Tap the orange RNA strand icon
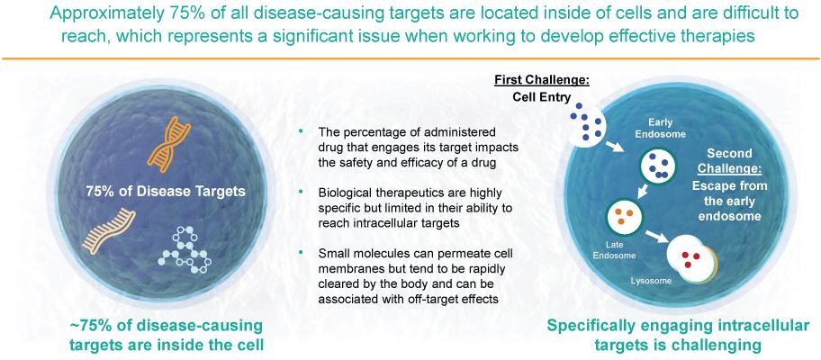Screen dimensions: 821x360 pos(109,232)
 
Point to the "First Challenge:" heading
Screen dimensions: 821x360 pos(535,82)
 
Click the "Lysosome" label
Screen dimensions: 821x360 pos(649,282)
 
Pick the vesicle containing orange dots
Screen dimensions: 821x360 pos(624,217)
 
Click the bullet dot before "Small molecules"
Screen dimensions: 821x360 pos(301,252)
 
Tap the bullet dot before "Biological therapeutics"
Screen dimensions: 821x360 pos(301,192)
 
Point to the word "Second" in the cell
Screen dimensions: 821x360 pos(729,154)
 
